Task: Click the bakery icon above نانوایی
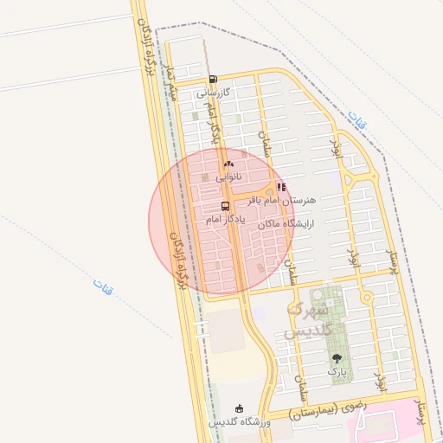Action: [228, 164]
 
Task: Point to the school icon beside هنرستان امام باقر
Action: [281, 186]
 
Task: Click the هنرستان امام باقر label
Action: [283, 200]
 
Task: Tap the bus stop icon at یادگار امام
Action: [226, 206]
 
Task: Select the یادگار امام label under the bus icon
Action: [226, 221]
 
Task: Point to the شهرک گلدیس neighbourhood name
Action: [307, 319]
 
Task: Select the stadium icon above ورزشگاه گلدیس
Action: [240, 408]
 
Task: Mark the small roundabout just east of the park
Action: [368, 299]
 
